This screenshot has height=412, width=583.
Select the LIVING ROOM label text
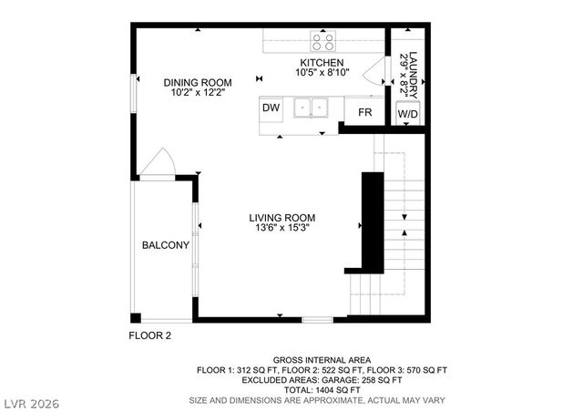(x=282, y=217)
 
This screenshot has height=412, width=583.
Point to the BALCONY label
(x=165, y=245)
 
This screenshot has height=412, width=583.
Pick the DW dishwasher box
(x=271, y=108)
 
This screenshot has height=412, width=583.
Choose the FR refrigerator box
(x=363, y=112)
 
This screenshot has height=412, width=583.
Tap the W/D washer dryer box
(x=407, y=113)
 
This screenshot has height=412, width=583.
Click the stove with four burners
(x=322, y=40)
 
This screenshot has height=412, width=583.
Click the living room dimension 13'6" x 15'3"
(x=282, y=229)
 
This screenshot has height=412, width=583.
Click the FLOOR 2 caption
(x=148, y=335)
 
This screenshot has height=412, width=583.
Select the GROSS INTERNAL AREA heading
(x=334, y=361)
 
